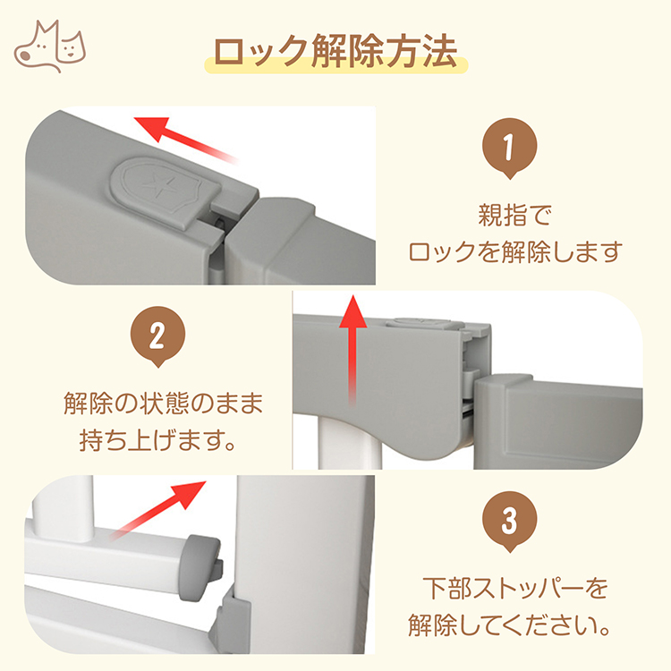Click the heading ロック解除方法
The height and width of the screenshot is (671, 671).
(x=335, y=51)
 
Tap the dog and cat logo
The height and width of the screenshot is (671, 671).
(x=50, y=47)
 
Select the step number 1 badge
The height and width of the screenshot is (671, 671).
(x=509, y=148)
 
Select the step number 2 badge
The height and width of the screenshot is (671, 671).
(x=157, y=336)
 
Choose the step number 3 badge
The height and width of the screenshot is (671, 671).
(x=509, y=522)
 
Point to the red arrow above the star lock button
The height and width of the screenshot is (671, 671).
(x=186, y=139)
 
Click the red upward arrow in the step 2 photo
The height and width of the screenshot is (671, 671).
(x=352, y=350)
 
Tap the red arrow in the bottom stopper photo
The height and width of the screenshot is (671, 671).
(x=157, y=510)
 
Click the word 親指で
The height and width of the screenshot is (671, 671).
(x=515, y=215)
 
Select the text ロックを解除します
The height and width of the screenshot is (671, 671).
(x=515, y=251)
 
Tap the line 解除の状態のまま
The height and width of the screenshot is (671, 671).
(x=164, y=403)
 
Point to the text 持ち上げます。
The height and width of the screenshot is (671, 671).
(x=157, y=440)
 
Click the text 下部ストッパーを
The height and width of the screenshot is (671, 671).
(x=515, y=588)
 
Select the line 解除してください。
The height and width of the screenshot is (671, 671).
(x=509, y=625)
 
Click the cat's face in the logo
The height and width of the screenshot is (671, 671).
(x=72, y=48)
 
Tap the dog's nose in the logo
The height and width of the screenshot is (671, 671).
(x=25, y=55)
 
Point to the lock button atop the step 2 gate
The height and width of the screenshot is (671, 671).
(x=424, y=323)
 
